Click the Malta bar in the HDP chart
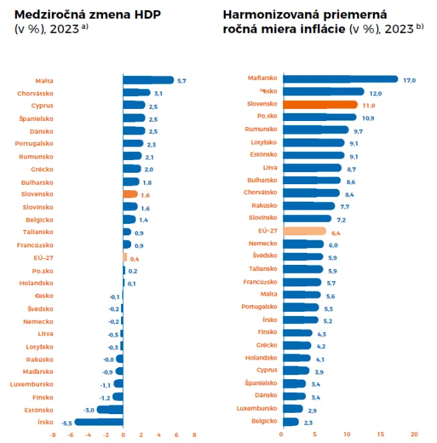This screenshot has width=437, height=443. (148, 80)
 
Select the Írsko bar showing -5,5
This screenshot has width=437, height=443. (99, 422)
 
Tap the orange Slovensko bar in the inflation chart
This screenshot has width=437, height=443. (320, 105)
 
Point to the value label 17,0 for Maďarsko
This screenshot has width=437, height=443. (409, 80)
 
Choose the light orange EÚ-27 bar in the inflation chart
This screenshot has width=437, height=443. (305, 231)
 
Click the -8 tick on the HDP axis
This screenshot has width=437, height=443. (52, 434)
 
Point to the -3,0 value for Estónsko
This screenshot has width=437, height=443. (88, 409)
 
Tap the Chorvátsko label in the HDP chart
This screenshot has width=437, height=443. (36, 93)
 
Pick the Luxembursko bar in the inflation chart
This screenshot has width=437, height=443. (293, 408)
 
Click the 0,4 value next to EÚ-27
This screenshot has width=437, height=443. (134, 258)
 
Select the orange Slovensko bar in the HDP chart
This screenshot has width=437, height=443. (130, 194)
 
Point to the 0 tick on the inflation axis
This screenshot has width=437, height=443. (284, 434)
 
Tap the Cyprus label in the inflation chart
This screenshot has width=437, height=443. (267, 370)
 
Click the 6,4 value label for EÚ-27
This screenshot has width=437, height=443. (337, 232)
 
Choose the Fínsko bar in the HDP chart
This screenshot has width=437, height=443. (118, 397)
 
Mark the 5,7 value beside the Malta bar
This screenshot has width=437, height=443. (182, 81)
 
